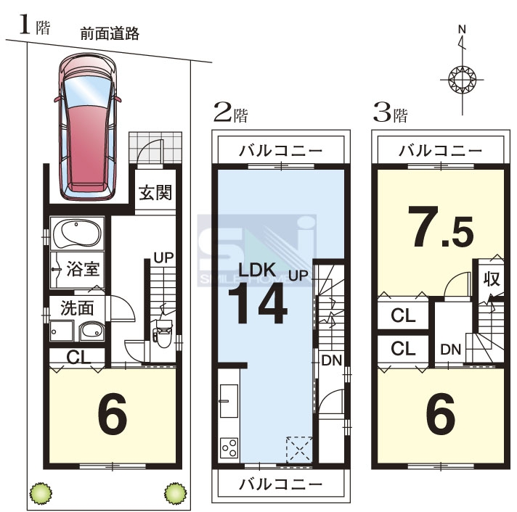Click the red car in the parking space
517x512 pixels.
87,127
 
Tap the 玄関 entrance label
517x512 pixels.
155,193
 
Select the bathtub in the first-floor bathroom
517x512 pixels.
77,234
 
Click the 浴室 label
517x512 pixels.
83,268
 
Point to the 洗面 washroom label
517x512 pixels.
77,308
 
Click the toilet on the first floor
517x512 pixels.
163,332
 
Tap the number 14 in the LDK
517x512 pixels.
258,303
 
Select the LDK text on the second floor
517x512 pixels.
257,270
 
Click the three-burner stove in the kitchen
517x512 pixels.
229,447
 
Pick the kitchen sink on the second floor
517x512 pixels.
229,401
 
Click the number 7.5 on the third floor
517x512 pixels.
441,226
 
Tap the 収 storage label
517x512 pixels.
492,279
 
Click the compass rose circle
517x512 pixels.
463,79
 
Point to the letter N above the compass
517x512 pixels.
462,29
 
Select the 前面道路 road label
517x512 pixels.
110,33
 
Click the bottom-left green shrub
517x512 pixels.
41,493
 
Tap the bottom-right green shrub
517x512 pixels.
176,493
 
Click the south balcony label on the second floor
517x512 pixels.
280,484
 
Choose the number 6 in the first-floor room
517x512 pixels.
113,413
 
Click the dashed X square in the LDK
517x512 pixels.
299,450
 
